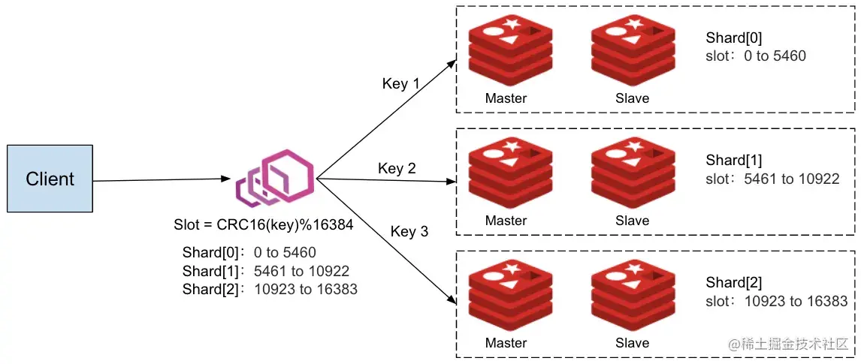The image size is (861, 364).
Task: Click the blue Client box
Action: coord(50,179)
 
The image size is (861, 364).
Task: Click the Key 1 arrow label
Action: coord(400,83)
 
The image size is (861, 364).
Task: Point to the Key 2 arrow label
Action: coord(397,169)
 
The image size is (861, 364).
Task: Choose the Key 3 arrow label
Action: coord(409,231)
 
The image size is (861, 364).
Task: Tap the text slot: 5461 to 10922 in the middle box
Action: coord(772,179)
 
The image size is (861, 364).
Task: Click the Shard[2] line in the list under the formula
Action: coord(270,289)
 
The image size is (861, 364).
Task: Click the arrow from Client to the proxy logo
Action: coord(162,180)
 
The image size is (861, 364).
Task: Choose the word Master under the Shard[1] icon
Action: coord(506,221)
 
